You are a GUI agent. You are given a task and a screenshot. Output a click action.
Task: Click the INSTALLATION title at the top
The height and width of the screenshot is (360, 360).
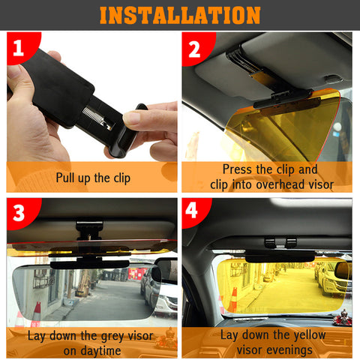tap(180, 14)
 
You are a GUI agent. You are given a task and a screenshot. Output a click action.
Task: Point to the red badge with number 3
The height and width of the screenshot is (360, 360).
tap(19, 212)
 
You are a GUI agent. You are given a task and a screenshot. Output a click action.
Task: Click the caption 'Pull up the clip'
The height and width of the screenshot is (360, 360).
tap(93, 178)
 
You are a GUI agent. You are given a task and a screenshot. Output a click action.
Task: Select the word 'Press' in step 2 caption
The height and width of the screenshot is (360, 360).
tap(238, 170)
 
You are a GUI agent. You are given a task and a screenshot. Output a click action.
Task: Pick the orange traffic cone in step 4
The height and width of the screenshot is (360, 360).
tap(233, 299)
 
